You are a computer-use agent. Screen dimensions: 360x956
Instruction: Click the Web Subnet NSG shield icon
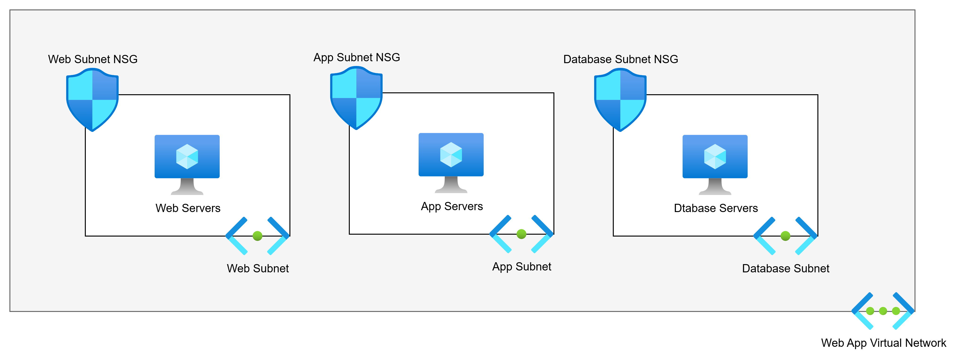pyautogui.click(x=92, y=100)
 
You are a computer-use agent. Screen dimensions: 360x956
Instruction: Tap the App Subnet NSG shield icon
pyautogui.click(x=356, y=98)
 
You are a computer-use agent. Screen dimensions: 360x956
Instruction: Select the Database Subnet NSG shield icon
pyautogui.click(x=620, y=100)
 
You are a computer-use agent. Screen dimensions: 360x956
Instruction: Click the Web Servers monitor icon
pyautogui.click(x=187, y=163)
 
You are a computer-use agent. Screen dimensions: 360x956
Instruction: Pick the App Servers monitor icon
pyautogui.click(x=451, y=161)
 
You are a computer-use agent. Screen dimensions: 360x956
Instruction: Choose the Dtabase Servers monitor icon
pyautogui.click(x=715, y=163)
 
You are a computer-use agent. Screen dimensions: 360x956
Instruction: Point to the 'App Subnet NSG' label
pyautogui.click(x=357, y=57)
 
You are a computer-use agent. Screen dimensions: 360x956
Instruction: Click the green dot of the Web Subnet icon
pyautogui.click(x=258, y=236)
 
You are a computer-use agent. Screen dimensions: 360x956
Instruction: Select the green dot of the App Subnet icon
pyautogui.click(x=521, y=234)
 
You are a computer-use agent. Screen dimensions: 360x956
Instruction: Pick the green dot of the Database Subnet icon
pyautogui.click(x=785, y=236)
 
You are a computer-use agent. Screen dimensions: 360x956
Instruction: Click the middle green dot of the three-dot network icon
pyautogui.click(x=883, y=311)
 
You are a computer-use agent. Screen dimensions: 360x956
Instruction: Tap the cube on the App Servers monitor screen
pyautogui.click(x=451, y=154)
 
